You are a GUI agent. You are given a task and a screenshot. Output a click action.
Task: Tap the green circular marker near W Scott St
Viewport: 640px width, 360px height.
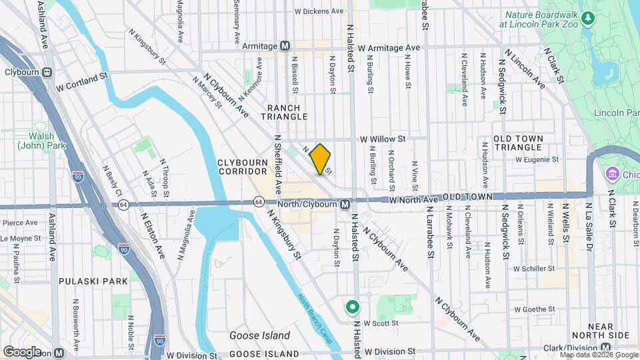coord(352,307)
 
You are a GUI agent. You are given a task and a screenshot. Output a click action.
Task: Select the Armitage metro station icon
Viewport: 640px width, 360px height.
coord(285,46)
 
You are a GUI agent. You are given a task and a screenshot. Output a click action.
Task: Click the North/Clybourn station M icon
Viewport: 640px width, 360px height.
coord(345,203)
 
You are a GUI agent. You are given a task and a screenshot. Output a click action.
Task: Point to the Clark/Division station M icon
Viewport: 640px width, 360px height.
coord(606,347)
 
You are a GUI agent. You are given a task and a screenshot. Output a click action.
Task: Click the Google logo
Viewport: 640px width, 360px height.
coord(23,351)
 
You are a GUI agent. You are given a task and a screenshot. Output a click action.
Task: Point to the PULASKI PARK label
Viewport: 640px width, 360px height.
coord(93,281)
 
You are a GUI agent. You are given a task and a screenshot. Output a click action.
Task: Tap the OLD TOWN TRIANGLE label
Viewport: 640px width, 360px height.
coord(518,142)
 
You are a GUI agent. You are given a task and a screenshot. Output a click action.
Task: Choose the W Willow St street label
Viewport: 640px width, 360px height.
coord(383,139)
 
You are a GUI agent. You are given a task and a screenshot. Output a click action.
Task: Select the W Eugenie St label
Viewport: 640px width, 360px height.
coord(536,159)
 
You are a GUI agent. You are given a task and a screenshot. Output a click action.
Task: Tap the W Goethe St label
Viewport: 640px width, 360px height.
coord(533,309)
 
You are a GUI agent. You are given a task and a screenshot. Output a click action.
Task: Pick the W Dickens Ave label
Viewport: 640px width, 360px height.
coord(318,11)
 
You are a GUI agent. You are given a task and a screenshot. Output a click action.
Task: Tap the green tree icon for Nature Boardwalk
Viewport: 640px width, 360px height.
coord(587,16)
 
